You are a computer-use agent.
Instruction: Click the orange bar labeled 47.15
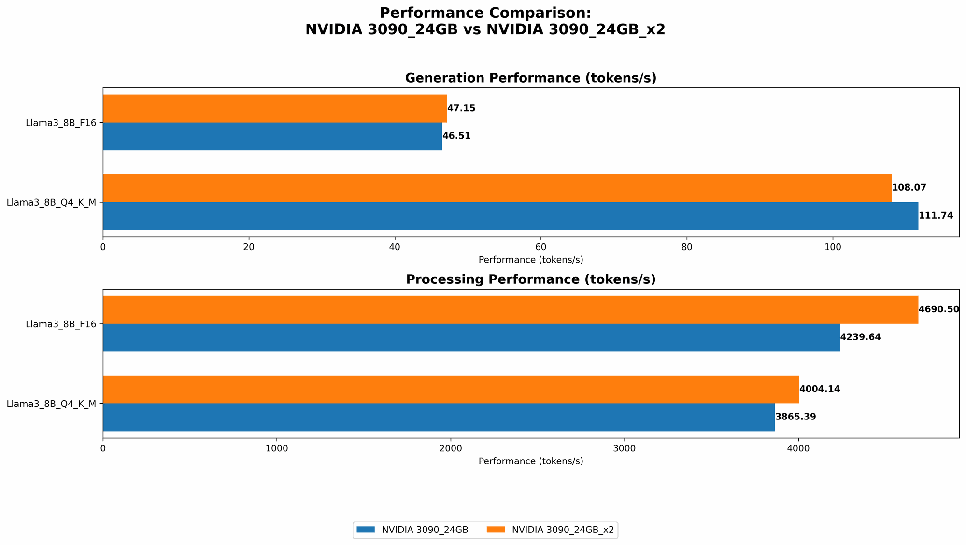274,108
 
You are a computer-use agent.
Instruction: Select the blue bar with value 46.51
272,136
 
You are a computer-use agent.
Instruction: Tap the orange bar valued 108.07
497,188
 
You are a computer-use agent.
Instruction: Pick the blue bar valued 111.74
510,216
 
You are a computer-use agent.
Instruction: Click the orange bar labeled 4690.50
510,309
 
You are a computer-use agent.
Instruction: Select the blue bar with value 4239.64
471,337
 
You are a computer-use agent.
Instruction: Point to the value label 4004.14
820,389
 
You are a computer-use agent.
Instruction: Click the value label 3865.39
796,417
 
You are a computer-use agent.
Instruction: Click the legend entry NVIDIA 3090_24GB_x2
563,530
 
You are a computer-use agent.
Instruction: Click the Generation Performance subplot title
531,78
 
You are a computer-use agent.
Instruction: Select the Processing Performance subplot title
531,279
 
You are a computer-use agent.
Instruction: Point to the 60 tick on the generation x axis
540,247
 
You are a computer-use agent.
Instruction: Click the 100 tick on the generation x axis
832,247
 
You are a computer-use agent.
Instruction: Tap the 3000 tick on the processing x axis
625,448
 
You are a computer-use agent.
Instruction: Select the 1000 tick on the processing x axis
277,448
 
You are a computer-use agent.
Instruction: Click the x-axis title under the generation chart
531,260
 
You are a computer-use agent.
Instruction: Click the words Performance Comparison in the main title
485,13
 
